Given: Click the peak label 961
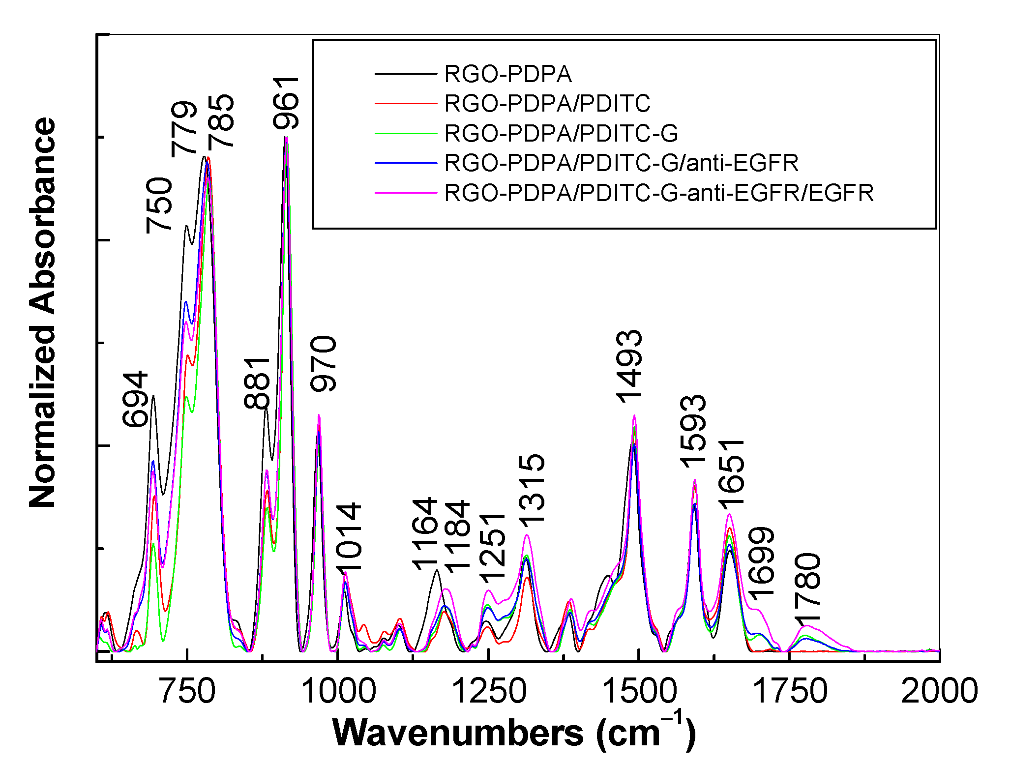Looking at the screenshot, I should (287, 103).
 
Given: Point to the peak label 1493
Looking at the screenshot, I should (630, 366).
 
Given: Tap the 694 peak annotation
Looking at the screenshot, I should (136, 399).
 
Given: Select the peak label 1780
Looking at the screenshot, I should (808, 588).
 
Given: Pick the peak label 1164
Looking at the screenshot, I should (425, 533).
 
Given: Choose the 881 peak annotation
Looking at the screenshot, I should (258, 383).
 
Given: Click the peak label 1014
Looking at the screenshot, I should (350, 537).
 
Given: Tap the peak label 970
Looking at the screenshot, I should (324, 364).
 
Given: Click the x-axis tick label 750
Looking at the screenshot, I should (187, 691).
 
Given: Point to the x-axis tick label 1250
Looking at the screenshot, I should (488, 691).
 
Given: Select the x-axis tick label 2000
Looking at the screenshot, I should (939, 691).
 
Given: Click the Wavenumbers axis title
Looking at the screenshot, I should (514, 734).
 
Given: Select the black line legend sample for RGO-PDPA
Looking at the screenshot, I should (406, 74).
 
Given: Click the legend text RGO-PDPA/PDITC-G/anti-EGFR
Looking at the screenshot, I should (621, 163).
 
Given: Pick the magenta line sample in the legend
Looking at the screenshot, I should (406, 193).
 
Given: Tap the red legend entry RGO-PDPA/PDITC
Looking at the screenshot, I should (547, 104).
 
